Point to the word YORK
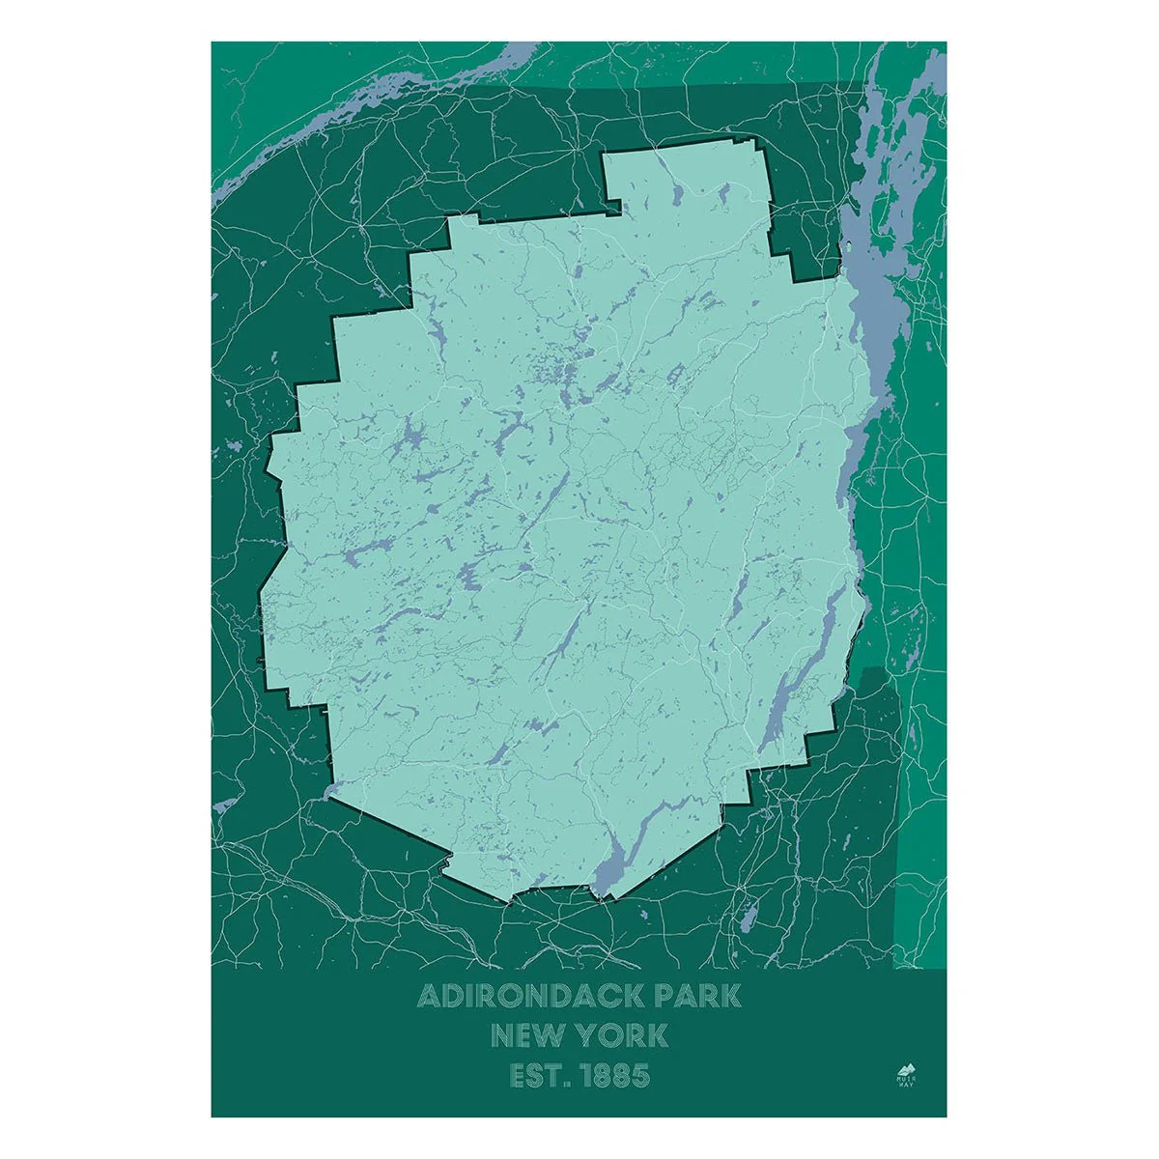(621, 1036)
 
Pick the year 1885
(615, 1076)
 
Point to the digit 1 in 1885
(584, 1076)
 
